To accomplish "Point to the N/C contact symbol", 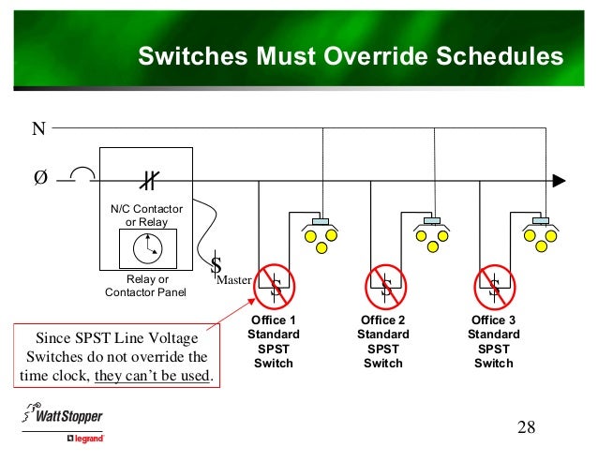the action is point(146,179).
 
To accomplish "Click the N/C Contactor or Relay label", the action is point(146,215).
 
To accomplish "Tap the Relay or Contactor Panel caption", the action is point(146,286).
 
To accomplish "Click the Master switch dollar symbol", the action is point(217,267).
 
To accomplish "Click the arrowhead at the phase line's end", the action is point(560,179).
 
